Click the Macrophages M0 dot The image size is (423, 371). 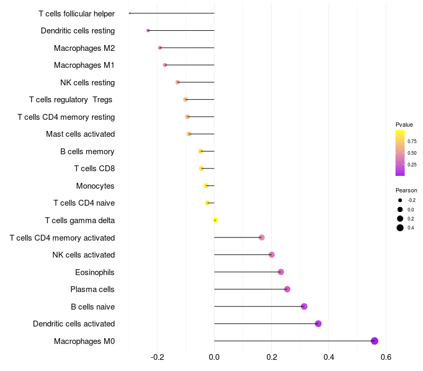[374, 341]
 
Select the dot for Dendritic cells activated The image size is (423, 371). [318, 324]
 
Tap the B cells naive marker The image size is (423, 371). [304, 306]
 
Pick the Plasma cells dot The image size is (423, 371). [287, 289]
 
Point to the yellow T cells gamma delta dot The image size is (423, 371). [215, 220]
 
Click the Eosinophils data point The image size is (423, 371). [281, 272]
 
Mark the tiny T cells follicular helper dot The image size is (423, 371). [130, 13]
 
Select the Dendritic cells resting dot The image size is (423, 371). [148, 31]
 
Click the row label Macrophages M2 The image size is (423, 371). [84, 48]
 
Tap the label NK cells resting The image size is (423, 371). [87, 83]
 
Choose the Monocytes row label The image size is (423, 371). [95, 186]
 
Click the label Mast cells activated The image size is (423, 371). [80, 134]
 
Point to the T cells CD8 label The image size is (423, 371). [94, 169]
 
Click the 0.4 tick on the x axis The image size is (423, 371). [328, 357]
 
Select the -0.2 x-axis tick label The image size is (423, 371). [157, 357]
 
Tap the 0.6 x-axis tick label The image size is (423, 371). [385, 357]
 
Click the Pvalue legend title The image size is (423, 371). [404, 125]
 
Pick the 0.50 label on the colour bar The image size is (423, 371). [412, 153]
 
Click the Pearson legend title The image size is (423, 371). [406, 190]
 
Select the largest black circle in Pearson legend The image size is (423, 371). [400, 228]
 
